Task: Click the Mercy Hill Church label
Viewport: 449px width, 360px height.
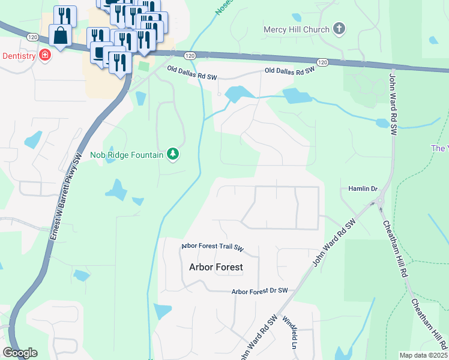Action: pos(297,29)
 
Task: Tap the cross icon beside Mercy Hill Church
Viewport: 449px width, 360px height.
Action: pos(339,29)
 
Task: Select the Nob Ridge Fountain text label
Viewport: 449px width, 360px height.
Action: pos(127,155)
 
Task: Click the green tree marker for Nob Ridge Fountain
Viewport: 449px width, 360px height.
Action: pos(173,155)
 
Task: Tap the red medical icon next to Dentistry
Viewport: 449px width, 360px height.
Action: pos(44,56)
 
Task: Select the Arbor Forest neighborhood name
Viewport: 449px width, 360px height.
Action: pos(216,267)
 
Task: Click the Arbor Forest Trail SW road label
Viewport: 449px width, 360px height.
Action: pos(212,247)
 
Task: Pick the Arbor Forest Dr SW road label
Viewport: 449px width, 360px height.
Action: pos(260,291)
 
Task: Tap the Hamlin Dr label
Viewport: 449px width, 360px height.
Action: pos(362,188)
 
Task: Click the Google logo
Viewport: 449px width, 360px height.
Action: pos(20,353)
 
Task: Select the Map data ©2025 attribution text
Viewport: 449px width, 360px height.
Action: pos(423,355)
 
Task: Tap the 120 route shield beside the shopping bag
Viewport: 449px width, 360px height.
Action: pos(33,37)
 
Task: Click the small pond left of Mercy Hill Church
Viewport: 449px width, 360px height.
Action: pos(296,17)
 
